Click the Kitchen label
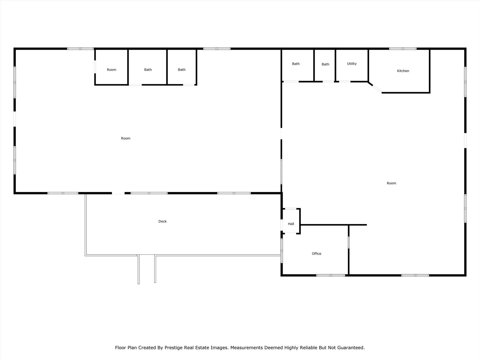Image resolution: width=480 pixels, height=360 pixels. pyautogui.click(x=403, y=71)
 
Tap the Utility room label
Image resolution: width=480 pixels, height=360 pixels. pyautogui.click(x=352, y=64)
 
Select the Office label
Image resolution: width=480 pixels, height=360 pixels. pyautogui.click(x=316, y=254)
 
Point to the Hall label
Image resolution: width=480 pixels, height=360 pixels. pyautogui.click(x=291, y=224)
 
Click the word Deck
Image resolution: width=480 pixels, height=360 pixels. pyautogui.click(x=162, y=221)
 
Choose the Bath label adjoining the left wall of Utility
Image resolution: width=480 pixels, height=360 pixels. pyautogui.click(x=325, y=64)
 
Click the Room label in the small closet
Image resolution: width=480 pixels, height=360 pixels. pyautogui.click(x=111, y=70)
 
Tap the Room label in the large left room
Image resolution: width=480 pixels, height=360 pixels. pyautogui.click(x=126, y=138)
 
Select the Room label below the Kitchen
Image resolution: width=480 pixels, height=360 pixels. pyautogui.click(x=391, y=183)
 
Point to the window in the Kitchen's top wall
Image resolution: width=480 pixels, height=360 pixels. pyautogui.click(x=403, y=49)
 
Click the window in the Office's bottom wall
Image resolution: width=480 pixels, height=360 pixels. pyautogui.click(x=331, y=275)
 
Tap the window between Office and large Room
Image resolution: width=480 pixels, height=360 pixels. pyautogui.click(x=349, y=242)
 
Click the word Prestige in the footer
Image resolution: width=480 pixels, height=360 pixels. pyautogui.click(x=173, y=348)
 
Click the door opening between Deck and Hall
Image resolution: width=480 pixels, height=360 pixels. pyautogui.click(x=282, y=225)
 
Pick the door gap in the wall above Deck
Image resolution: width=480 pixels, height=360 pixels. pyautogui.click(x=118, y=193)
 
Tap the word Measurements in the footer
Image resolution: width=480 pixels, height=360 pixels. pyautogui.click(x=246, y=348)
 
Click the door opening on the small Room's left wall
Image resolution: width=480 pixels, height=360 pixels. pyautogui.click(x=95, y=67)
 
